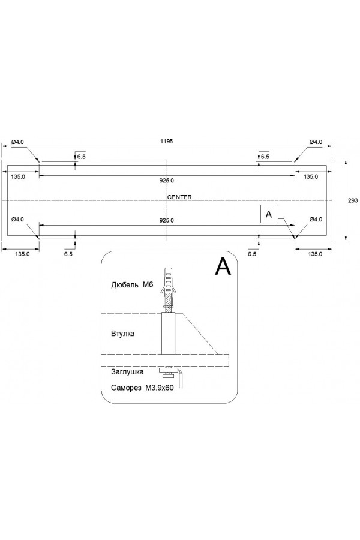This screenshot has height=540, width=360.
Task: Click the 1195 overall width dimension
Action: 167,142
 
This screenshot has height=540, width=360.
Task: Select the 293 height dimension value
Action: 353,201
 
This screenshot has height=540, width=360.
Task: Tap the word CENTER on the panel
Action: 179,197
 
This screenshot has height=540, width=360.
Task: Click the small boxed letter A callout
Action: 269,213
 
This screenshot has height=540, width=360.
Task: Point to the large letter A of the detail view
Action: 223,266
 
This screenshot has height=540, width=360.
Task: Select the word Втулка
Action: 123,333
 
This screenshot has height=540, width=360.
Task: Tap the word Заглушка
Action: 127,372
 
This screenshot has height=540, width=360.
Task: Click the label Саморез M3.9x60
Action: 142,388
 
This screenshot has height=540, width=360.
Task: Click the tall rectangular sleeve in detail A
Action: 168,334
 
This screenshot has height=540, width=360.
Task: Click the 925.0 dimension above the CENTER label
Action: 167,181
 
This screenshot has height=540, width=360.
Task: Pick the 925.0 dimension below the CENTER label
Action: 167,220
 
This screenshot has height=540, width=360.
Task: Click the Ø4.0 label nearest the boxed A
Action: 316,220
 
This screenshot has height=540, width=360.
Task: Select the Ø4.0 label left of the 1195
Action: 17,142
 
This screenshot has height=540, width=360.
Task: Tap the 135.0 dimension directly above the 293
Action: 311,176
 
